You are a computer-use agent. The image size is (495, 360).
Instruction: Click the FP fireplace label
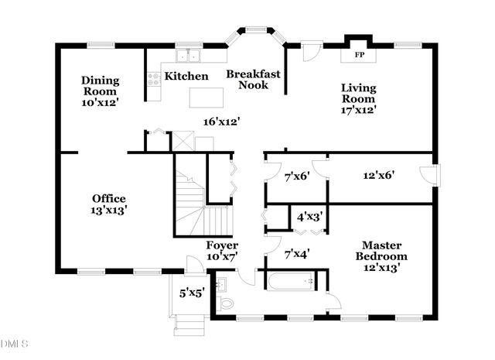359,56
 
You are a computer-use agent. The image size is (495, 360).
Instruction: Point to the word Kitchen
186,76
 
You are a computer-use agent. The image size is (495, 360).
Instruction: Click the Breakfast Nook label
253,79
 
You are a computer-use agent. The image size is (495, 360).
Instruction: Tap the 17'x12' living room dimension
359,110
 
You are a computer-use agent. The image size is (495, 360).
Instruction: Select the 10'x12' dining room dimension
101,101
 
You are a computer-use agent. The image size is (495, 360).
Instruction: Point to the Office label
108,198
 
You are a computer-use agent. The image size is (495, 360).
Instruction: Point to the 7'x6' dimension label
296,176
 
